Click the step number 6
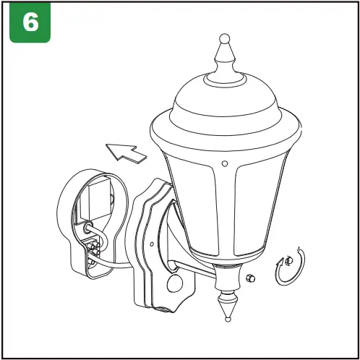(x=30, y=22)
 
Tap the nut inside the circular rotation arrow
(x=287, y=260)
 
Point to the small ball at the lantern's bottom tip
(x=227, y=317)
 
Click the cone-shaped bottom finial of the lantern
(x=226, y=299)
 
